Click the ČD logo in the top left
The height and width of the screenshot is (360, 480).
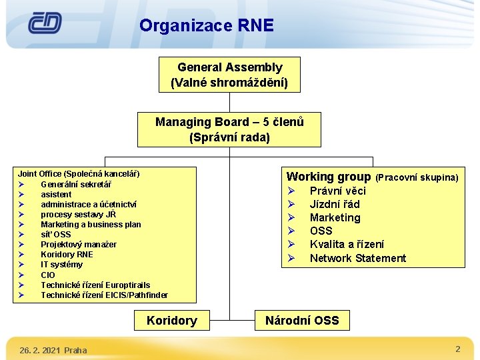click(x=45, y=24)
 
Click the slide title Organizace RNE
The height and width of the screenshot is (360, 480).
click(x=207, y=26)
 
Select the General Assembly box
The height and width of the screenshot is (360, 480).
click(x=229, y=75)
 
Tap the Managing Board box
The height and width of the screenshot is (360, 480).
click(x=229, y=129)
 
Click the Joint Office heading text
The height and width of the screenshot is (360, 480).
click(x=79, y=174)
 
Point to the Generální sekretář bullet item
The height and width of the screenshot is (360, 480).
click(x=76, y=185)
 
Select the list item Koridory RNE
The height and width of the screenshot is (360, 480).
click(x=67, y=255)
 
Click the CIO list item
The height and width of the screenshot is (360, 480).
click(x=48, y=275)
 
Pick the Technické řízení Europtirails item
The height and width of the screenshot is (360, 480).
click(x=95, y=285)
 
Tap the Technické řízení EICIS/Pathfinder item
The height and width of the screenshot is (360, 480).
click(x=104, y=295)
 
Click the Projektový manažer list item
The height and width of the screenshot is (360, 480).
click(x=79, y=245)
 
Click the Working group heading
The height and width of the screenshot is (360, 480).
click(x=328, y=177)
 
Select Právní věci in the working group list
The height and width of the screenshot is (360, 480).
click(x=337, y=191)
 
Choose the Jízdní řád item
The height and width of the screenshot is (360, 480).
click(x=335, y=205)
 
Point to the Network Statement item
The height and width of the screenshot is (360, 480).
click(x=357, y=258)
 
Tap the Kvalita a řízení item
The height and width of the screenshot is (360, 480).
click(x=347, y=245)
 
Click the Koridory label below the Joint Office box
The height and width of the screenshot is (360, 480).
click(x=171, y=321)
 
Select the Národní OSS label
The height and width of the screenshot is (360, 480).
click(x=302, y=321)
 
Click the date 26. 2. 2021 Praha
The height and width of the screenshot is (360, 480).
click(x=53, y=350)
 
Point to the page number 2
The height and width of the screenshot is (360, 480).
click(x=458, y=349)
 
